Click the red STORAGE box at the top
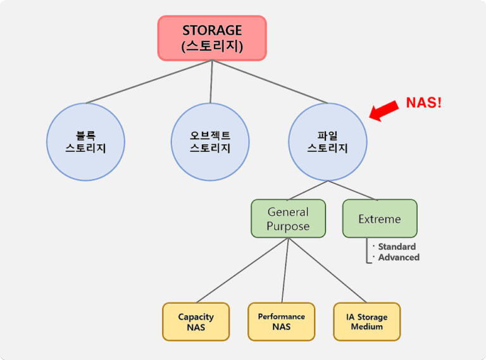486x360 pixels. click(x=211, y=38)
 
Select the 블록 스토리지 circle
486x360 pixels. click(x=85, y=142)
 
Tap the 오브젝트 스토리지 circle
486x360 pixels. click(x=210, y=142)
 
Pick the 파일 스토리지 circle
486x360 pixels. click(x=327, y=142)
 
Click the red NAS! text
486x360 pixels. click(x=423, y=102)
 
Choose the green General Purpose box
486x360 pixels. click(x=288, y=218)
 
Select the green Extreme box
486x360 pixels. click(x=380, y=219)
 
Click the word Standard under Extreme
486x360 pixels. click(x=397, y=246)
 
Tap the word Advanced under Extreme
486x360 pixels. click(x=399, y=257)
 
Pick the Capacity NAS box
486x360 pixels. click(x=196, y=321)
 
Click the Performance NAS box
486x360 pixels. click(x=281, y=321)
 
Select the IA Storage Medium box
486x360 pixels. click(x=367, y=321)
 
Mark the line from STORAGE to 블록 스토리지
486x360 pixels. click(x=149, y=82)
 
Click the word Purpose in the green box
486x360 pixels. click(x=288, y=226)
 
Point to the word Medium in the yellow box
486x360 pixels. click(x=367, y=326)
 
